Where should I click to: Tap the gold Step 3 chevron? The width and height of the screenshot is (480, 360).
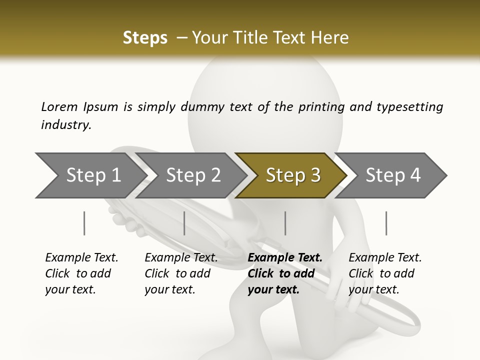[x=293, y=175]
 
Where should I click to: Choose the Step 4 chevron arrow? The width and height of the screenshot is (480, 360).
[x=393, y=175]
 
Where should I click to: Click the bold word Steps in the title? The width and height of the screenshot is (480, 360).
[x=145, y=38]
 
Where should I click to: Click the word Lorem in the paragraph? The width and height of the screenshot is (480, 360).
[x=59, y=106]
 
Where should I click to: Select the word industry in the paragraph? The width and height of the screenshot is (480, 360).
[x=65, y=124]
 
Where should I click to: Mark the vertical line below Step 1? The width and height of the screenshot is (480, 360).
[x=84, y=223]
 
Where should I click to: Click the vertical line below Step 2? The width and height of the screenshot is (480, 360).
[x=184, y=223]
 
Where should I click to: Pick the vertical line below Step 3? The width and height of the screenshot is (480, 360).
[x=285, y=223]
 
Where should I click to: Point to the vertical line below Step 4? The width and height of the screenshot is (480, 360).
[x=386, y=223]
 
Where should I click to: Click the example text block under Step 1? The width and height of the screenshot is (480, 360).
[x=81, y=273]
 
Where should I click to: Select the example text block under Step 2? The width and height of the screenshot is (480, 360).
[x=181, y=273]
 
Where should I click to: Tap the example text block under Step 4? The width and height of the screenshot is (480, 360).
[x=385, y=273]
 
